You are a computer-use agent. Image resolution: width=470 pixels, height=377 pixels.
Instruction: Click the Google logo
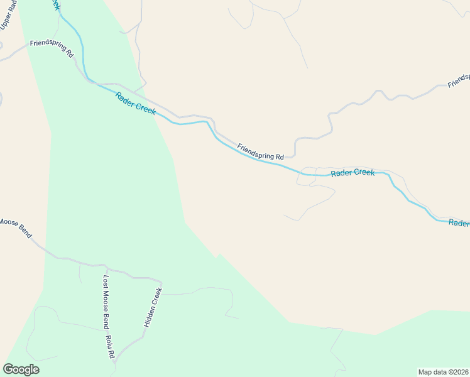tap(21, 369)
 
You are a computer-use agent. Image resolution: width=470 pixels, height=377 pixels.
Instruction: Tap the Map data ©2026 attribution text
tap(443, 371)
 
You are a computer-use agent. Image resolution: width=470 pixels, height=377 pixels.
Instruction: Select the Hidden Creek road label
tap(153, 307)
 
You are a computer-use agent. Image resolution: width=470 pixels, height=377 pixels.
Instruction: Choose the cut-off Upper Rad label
tap(8, 14)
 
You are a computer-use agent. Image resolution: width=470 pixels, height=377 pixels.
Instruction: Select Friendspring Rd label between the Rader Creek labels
tap(260, 151)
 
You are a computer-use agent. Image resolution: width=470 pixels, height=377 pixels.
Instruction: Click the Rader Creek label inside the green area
tap(135, 102)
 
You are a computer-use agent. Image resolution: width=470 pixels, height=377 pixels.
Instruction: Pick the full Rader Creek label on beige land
tap(352, 172)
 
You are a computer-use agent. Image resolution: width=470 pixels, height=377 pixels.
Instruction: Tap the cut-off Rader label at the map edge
tap(459, 223)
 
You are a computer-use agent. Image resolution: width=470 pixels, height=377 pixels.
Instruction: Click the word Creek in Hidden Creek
tap(157, 296)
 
